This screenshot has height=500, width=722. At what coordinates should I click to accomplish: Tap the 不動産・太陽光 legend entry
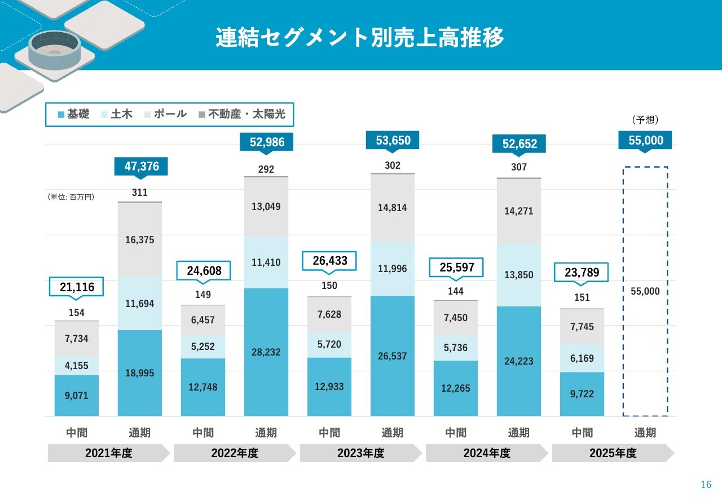tap(242, 114)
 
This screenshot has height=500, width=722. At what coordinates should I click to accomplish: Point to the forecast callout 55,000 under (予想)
tap(646, 140)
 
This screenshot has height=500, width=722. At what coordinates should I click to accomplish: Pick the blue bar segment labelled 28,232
tap(266, 352)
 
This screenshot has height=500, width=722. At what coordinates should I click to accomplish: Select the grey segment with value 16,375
tap(140, 240)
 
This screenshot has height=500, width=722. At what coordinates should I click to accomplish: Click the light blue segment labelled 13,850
tap(519, 275)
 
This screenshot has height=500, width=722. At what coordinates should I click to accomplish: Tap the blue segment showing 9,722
tap(582, 394)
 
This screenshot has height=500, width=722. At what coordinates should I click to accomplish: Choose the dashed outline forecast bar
tap(646, 339)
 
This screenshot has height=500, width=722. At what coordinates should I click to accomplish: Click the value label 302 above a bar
tap(393, 165)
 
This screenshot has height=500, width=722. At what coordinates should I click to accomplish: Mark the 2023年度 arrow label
tap(361, 453)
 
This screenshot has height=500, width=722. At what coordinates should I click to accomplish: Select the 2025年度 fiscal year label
tap(613, 453)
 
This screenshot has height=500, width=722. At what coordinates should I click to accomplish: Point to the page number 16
tap(706, 485)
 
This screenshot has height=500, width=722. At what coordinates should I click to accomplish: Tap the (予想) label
tap(646, 120)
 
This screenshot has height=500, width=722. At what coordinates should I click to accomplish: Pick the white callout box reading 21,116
tap(77, 287)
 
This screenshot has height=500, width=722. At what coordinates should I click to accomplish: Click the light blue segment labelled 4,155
tap(77, 366)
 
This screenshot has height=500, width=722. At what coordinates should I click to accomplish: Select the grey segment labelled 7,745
tap(582, 327)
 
